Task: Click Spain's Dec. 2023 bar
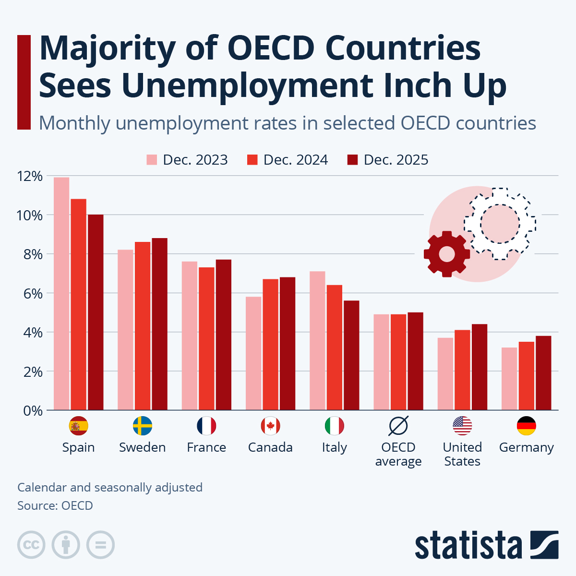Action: (61, 294)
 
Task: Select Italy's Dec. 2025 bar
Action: (351, 355)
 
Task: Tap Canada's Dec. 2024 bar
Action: (270, 344)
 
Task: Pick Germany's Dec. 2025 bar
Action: (543, 373)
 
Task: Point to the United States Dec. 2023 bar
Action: (445, 374)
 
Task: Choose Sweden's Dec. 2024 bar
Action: (143, 326)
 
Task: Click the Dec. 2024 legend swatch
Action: (252, 160)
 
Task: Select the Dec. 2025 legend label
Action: (396, 160)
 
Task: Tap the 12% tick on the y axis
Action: (30, 176)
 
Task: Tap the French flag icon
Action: (206, 426)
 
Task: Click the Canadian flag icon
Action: (270, 426)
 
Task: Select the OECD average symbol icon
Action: (398, 426)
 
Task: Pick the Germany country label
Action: (526, 447)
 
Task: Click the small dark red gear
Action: (446, 254)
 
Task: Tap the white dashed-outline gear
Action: (500, 224)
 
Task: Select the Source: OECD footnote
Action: (55, 505)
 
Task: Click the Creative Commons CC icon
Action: (31, 545)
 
